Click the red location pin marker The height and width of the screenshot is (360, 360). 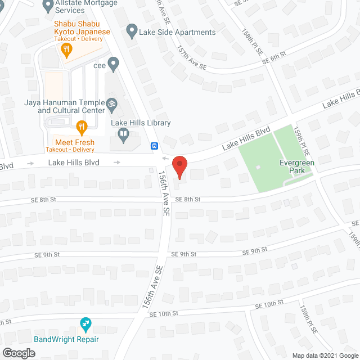point(179,166)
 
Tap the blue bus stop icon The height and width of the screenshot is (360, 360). point(154,146)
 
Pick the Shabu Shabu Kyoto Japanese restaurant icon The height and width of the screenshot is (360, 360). point(67,49)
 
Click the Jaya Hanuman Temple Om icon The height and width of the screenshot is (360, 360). point(112,104)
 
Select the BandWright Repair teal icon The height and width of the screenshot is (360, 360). point(85,325)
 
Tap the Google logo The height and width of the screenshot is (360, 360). point(19,353)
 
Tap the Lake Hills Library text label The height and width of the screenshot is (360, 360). point(141,123)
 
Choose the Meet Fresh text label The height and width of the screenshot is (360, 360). point(74,142)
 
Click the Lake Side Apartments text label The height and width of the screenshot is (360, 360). point(178,32)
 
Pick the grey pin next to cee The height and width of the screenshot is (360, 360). point(114,64)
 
